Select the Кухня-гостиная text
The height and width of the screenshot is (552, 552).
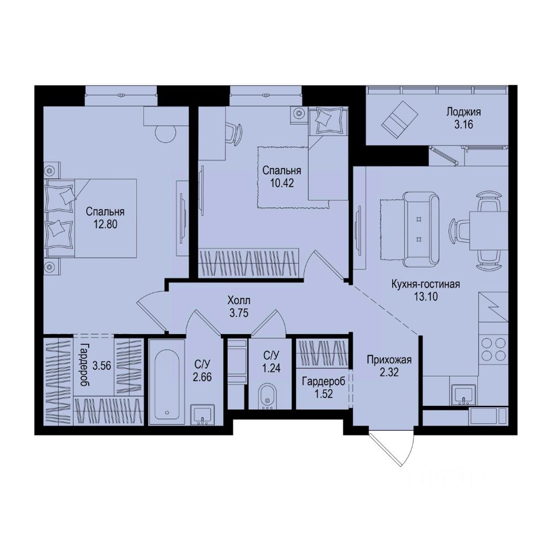pyautogui.click(x=425, y=285)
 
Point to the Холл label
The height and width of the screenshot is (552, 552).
pyautogui.click(x=239, y=300)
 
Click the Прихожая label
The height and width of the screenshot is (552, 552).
pyautogui.click(x=389, y=361)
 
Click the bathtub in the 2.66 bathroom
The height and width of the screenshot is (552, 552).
pyautogui.click(x=167, y=382)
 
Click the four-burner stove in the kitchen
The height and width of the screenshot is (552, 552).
pyautogui.click(x=493, y=348)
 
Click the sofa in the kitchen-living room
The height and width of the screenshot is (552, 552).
pyautogui.click(x=421, y=230)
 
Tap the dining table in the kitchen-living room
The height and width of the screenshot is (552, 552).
pyautogui.click(x=488, y=230)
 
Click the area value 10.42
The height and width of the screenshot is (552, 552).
pyautogui.click(x=282, y=182)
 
